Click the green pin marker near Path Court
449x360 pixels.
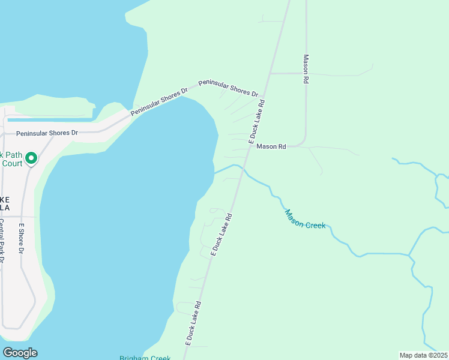[31, 158]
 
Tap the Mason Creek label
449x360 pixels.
[305, 218]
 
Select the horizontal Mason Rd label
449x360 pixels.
[271, 146]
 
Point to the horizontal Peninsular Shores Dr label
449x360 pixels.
[47, 133]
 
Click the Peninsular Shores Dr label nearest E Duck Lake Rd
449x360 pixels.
[228, 88]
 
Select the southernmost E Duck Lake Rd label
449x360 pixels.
[193, 323]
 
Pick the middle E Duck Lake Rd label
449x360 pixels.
[221, 235]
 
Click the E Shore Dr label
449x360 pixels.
[21, 238]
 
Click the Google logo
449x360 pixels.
[20, 353]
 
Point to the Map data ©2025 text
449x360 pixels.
[424, 355]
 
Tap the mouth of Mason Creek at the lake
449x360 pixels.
[215, 173]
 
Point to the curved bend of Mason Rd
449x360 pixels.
[304, 143]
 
